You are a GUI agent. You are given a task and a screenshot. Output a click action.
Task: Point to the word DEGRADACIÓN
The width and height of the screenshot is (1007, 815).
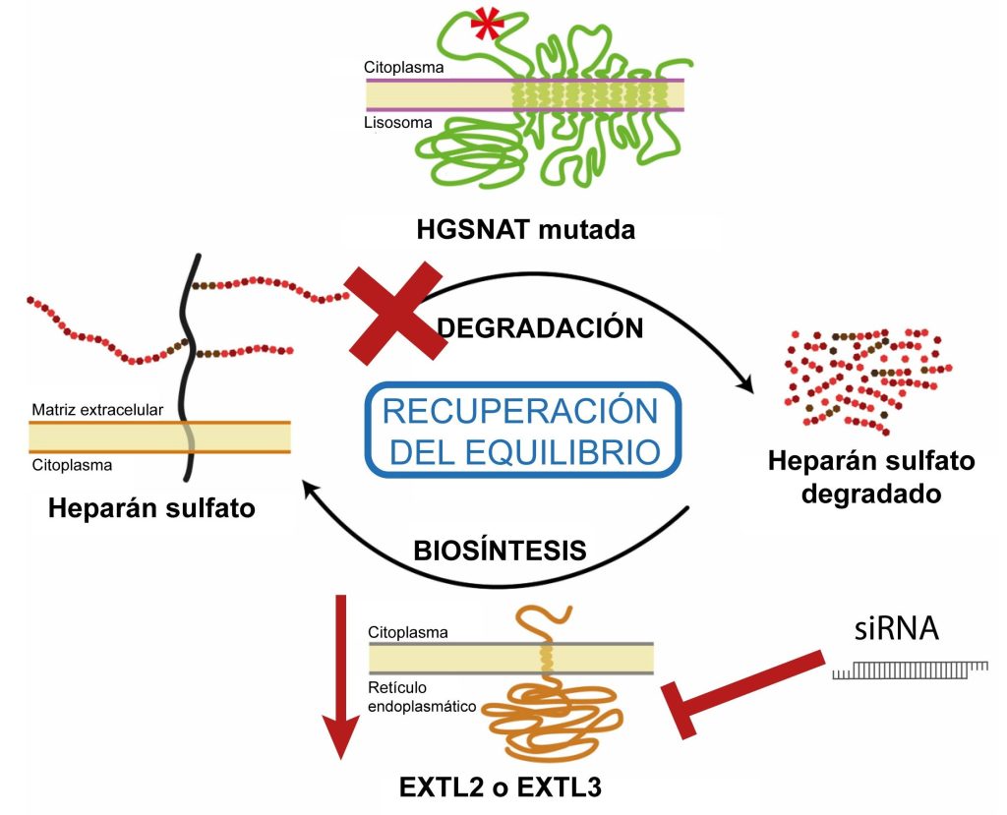[539, 328]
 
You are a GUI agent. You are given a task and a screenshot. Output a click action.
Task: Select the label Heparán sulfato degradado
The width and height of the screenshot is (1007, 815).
[857, 476]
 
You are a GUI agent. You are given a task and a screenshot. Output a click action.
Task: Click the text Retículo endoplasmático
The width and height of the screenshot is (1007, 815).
[422, 696]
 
